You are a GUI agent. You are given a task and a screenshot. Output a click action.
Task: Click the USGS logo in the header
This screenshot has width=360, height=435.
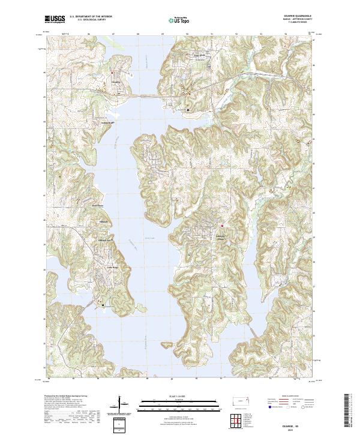pos(54,19)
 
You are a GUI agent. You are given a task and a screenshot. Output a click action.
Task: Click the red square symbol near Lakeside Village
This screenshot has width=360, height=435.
pos(221,226)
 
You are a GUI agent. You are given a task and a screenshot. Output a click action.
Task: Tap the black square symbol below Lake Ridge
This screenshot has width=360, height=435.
pos(103,304)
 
